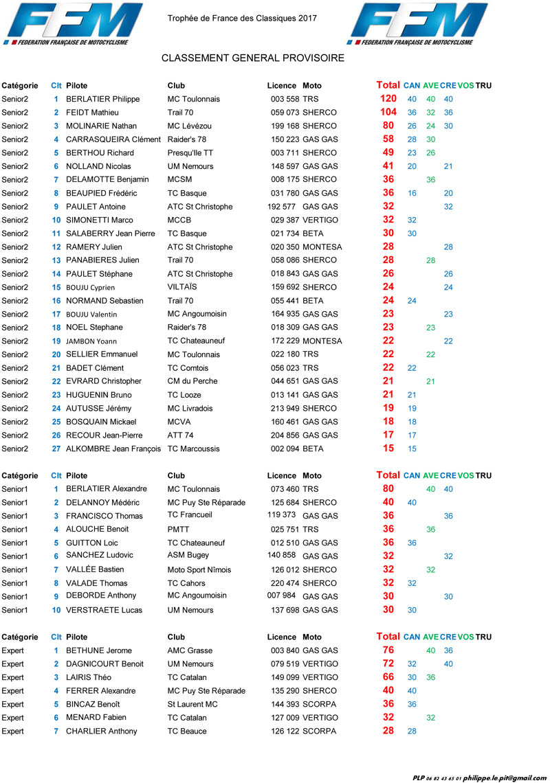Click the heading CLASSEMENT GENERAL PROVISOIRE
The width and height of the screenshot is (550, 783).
(253, 58)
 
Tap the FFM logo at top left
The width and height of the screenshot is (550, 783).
(69, 25)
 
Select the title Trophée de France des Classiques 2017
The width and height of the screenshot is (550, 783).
(242, 19)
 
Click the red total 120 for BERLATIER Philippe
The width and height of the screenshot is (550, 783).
(388, 99)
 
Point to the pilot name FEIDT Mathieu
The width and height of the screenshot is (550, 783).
(92, 113)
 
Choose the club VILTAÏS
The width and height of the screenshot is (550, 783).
(182, 287)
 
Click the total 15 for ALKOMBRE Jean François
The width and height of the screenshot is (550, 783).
(388, 449)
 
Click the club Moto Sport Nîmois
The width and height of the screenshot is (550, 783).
(199, 569)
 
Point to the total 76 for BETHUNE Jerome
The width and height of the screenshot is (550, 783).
(388, 650)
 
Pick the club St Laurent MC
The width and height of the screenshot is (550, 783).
(192, 704)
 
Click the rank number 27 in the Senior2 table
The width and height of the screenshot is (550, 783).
(56, 449)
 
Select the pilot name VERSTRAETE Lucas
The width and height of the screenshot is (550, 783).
(105, 610)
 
